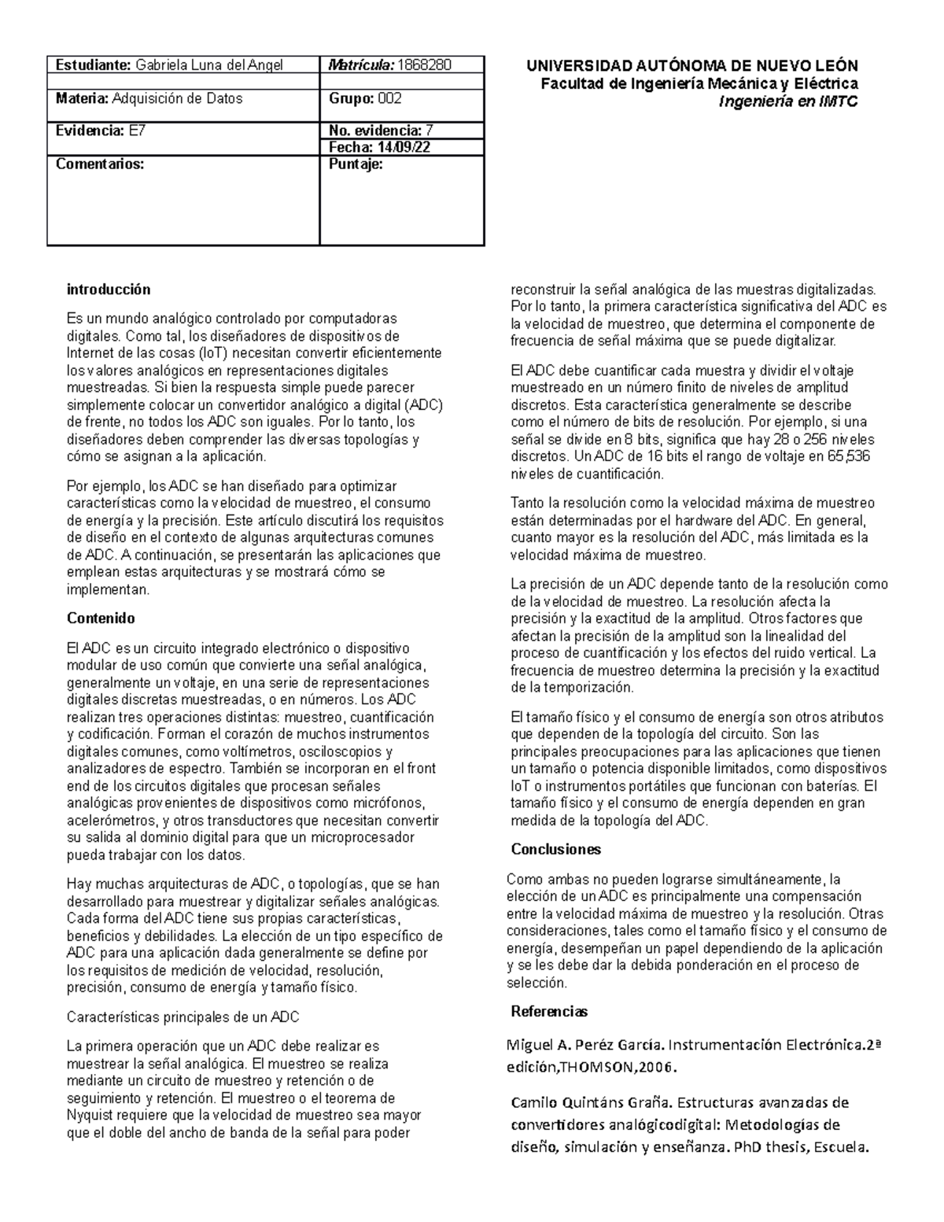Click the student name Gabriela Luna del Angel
point(209,65)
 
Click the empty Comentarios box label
point(100,164)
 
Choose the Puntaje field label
point(356,164)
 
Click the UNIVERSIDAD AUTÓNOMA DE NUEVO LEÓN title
point(692,66)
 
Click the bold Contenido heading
point(101,618)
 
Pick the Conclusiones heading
point(555,849)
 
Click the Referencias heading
point(549,1011)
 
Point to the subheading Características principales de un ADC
point(183,1017)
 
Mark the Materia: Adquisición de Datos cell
point(149,98)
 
